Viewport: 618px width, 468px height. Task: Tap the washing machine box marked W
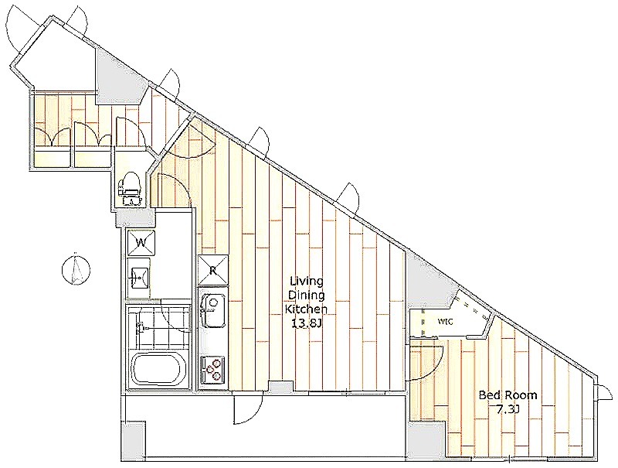(x=141, y=242)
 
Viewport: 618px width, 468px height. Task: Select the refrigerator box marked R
(x=213, y=270)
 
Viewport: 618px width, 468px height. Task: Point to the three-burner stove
(x=213, y=369)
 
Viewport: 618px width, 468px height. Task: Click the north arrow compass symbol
(x=76, y=269)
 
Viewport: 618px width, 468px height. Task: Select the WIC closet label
(x=445, y=322)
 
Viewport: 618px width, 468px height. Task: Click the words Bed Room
(x=508, y=395)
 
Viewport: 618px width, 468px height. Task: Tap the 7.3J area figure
(x=508, y=410)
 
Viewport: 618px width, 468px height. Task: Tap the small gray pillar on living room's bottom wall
(x=280, y=387)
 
